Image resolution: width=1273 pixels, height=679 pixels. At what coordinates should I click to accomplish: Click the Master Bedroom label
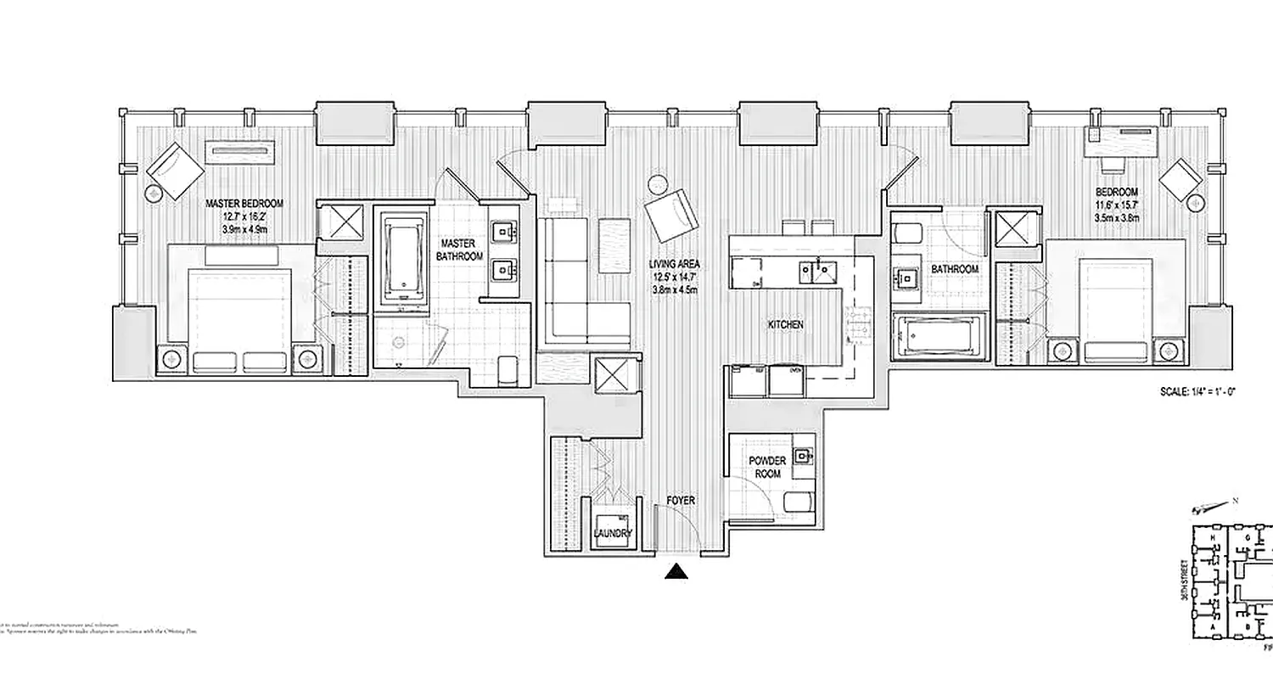pos(244,205)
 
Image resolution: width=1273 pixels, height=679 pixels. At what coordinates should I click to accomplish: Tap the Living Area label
pos(676,264)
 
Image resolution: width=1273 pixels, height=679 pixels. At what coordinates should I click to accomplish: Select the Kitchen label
pos(786,325)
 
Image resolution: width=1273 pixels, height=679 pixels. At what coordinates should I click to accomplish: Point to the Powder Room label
pos(766,467)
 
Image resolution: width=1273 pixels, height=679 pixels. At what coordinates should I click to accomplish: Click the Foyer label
pos(681,501)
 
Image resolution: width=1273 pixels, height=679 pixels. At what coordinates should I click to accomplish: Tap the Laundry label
pos(612,534)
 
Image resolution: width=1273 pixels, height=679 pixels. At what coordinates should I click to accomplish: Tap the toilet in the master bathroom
pos(508,371)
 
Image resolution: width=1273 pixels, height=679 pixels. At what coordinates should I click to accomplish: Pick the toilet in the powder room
pos(799,502)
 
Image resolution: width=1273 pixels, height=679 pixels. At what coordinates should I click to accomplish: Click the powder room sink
pos(803,457)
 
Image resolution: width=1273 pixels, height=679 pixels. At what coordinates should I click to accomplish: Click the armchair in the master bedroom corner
pos(175,171)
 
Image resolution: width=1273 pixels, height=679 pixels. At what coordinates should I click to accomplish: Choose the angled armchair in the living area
pos(672,216)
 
